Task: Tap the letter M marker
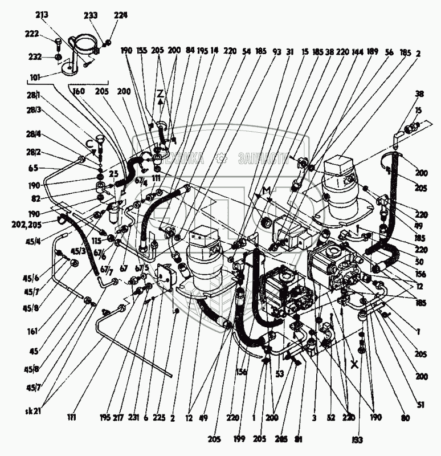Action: coord(265,189)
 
